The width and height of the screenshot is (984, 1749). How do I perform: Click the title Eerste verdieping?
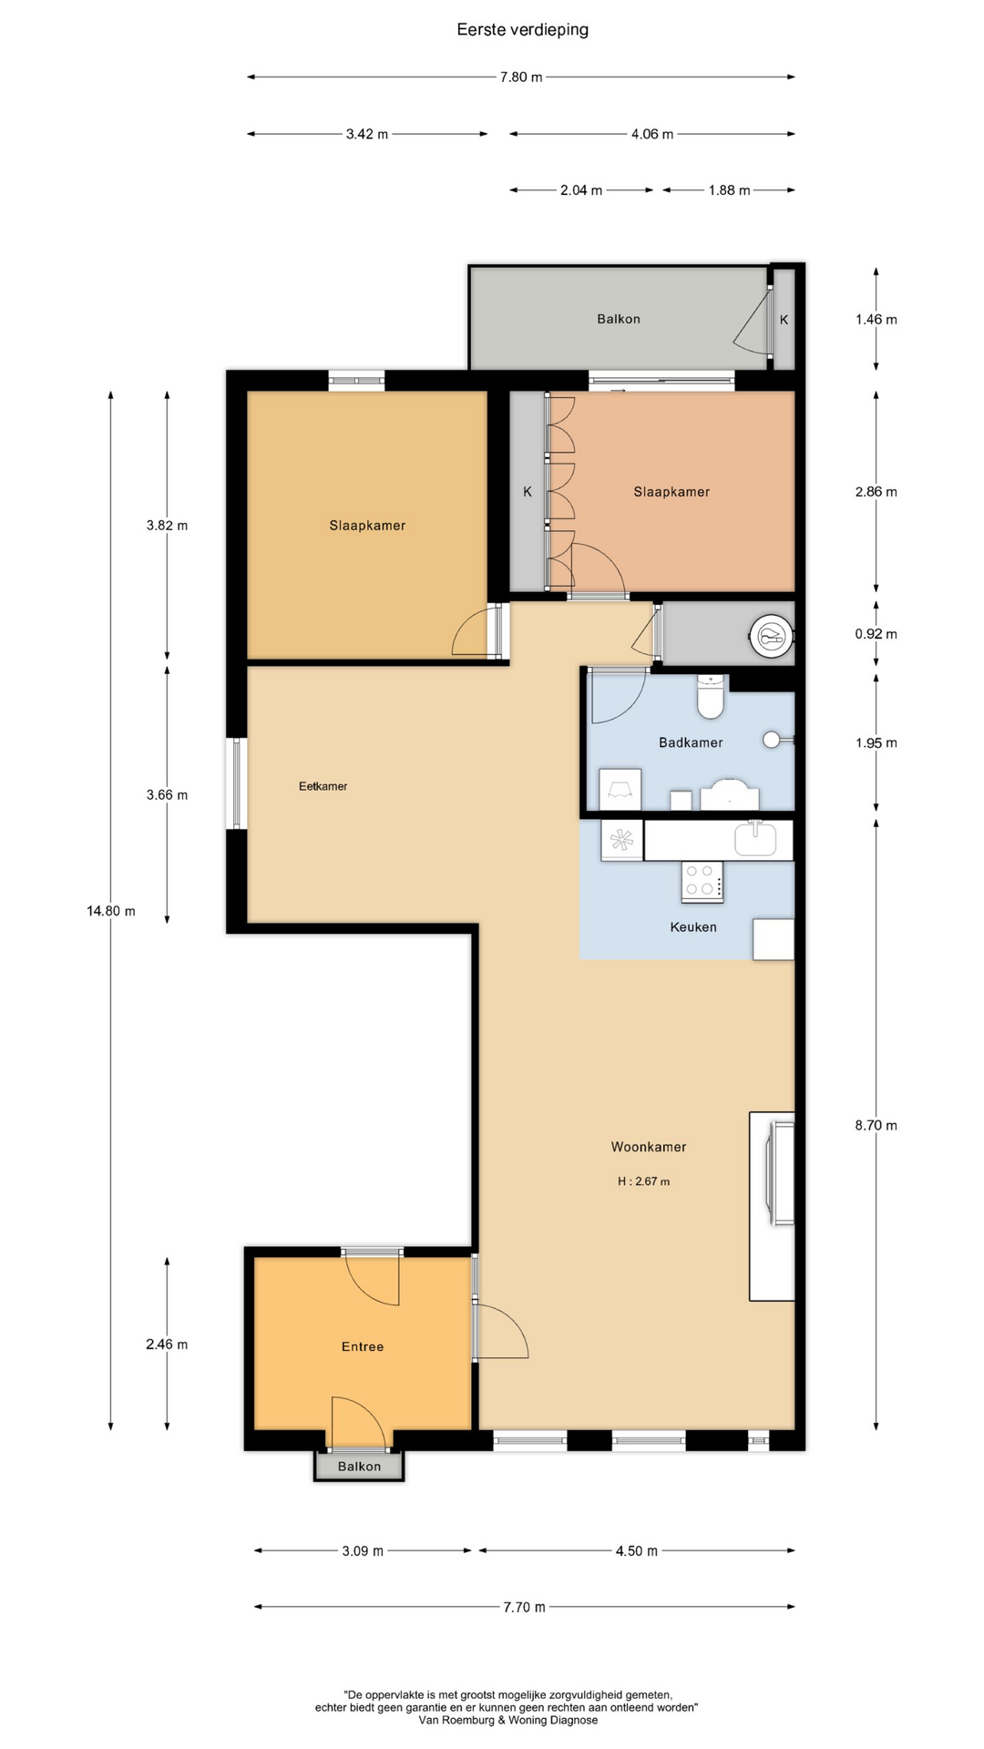tap(522, 30)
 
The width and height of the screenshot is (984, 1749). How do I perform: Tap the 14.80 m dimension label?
tap(111, 911)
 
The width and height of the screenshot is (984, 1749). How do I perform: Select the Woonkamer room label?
tap(649, 1147)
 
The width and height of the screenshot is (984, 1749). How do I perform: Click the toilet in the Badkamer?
tap(711, 697)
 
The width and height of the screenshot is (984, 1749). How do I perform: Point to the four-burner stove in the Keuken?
tap(702, 882)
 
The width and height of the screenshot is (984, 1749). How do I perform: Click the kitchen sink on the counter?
tap(755, 839)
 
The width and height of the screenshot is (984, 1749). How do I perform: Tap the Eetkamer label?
tap(323, 786)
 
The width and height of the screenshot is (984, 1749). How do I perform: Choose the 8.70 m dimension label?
tap(876, 1125)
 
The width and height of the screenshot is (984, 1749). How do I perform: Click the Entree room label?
tap(363, 1346)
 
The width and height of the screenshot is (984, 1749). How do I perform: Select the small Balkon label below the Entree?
tap(359, 1467)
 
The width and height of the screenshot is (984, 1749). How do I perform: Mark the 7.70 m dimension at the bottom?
tap(525, 1607)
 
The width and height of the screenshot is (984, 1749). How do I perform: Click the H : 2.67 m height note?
tap(643, 1181)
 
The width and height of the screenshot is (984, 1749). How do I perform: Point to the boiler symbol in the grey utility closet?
tap(772, 634)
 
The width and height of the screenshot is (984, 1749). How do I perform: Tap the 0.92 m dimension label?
tap(876, 634)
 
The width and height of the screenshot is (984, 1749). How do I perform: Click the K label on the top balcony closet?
tap(784, 320)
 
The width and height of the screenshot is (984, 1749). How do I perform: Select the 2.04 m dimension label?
tap(581, 190)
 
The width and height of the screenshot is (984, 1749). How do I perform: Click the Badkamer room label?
tap(691, 742)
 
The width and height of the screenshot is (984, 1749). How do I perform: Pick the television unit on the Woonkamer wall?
tap(773, 1206)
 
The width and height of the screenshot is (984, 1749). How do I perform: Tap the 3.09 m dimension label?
tap(363, 1550)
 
